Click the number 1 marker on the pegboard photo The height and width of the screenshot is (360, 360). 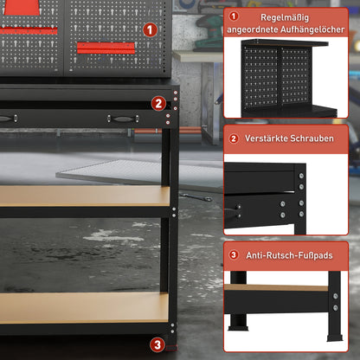click(x=151, y=29)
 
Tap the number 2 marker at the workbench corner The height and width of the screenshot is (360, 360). click(x=157, y=103)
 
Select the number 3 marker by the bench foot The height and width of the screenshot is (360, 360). click(x=157, y=344)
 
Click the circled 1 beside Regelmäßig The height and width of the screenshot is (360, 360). click(x=234, y=16)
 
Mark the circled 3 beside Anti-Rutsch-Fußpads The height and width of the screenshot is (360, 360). click(x=234, y=256)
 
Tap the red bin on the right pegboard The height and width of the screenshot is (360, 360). click(x=106, y=47)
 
